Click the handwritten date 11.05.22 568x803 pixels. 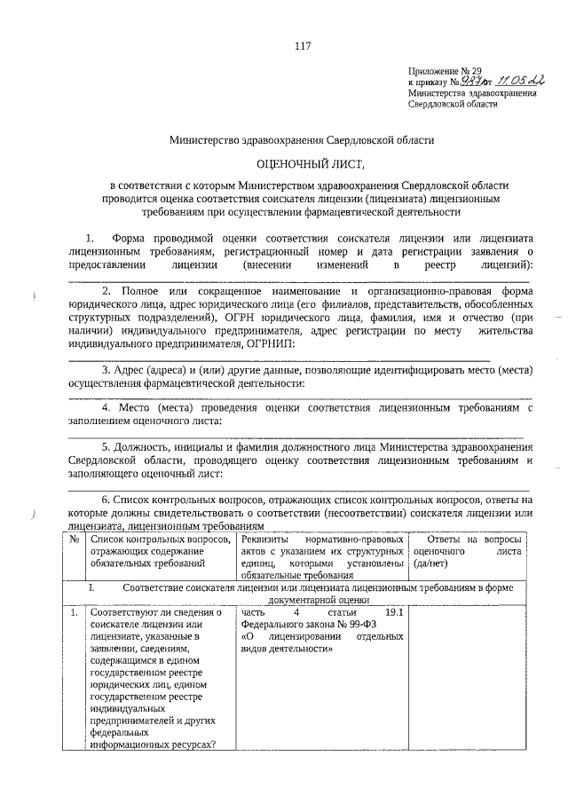519,80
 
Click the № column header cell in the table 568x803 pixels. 75,538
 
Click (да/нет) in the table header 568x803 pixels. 432,563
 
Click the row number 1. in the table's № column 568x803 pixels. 75,612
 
